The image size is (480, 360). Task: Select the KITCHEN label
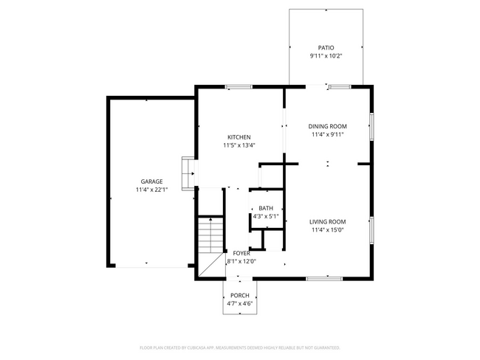[x=239, y=137]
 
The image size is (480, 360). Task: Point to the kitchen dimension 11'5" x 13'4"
[x=239, y=145]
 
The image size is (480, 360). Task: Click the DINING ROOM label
[x=327, y=126]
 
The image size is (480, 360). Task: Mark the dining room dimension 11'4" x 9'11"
[x=327, y=135]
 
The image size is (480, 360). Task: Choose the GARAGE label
[x=152, y=181]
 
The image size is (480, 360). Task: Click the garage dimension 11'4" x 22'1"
[x=152, y=190]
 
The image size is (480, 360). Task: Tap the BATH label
[x=265, y=209]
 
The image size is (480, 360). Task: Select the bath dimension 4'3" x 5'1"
[x=265, y=217]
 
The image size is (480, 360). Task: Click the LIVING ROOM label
[x=327, y=221]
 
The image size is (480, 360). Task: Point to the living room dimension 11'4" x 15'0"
[x=327, y=230]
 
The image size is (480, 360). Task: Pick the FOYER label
[x=241, y=253]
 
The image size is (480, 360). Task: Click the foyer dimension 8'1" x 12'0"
[x=241, y=261]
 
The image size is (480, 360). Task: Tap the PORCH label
[x=239, y=295]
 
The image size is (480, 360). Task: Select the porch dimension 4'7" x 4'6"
[x=239, y=303]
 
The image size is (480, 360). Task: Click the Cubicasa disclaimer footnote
[x=239, y=347]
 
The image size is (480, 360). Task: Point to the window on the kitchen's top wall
[x=238, y=87]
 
